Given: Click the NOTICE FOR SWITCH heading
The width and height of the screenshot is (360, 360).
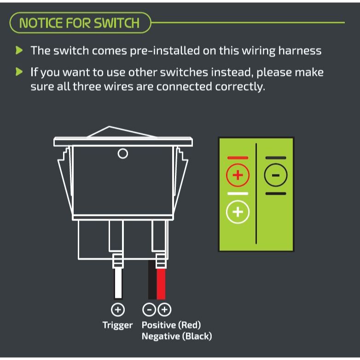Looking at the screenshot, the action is tap(80, 23).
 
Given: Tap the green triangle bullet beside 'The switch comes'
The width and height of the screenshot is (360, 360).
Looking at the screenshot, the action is tap(19, 50).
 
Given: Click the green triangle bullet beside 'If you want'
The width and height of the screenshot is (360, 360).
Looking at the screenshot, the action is tap(19, 72).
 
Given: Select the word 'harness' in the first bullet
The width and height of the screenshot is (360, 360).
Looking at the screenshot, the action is tap(300, 51).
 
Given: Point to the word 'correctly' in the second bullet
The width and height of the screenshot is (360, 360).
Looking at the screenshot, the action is tap(240, 87).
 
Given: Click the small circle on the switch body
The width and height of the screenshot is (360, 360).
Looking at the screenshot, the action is tap(123, 154).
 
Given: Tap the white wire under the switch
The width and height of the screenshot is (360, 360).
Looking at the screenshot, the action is tap(118, 283).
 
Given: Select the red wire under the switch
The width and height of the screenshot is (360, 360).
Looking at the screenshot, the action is tap(161, 284).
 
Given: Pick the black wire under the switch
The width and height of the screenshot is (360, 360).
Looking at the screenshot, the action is tap(152, 279).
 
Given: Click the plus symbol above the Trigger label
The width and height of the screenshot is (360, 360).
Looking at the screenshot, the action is tap(118, 310).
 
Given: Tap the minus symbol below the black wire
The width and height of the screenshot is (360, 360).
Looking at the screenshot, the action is tap(149, 310).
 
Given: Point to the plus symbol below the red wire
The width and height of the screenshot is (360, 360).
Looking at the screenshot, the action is tap(164, 310).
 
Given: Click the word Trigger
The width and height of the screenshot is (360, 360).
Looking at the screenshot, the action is tap(117, 325).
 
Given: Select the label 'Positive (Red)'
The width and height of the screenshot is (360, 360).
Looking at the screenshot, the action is tap(171, 325).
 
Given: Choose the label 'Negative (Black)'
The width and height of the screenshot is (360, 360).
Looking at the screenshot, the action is tap(177, 336).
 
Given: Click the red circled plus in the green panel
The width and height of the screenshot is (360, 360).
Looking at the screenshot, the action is tap(238, 175).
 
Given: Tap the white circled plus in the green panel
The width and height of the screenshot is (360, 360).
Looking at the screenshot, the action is tap(238, 212).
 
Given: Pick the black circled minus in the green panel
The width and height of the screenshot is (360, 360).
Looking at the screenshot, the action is tap(275, 175).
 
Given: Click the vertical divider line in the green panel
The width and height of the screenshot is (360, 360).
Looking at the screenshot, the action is tap(256, 193).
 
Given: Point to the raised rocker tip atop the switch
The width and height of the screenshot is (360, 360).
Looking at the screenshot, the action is tap(109, 127).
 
